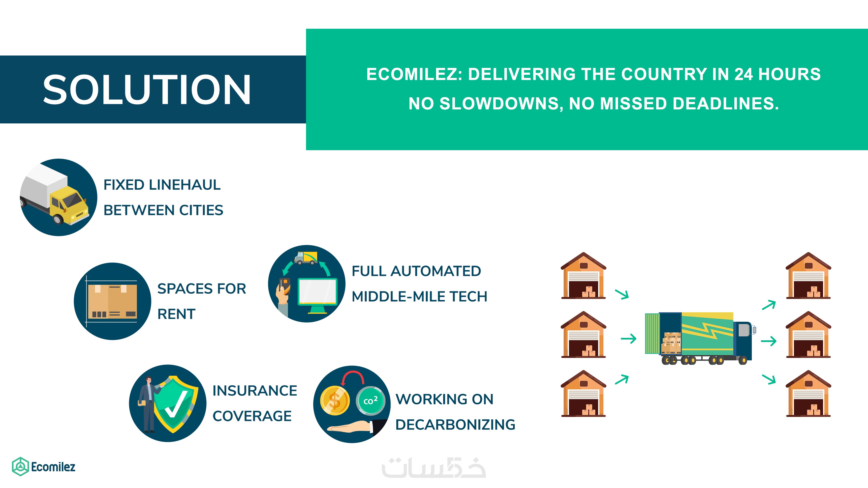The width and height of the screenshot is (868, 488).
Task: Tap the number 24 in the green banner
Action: [x=743, y=74]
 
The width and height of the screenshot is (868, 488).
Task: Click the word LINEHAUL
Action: [x=185, y=185]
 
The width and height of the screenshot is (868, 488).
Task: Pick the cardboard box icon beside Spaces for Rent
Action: [x=112, y=301]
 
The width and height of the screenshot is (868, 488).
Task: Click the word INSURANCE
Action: [x=255, y=391]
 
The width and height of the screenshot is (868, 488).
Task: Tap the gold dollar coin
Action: [x=335, y=401]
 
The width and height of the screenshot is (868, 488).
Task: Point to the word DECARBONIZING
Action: [x=455, y=425]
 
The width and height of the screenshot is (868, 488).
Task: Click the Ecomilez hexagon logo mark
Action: [x=21, y=466]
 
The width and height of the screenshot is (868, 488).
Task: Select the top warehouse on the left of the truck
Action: [x=583, y=276]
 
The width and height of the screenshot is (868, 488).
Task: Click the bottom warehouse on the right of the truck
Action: [x=808, y=393]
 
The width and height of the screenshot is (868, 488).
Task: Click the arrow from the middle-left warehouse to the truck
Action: [x=628, y=339]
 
